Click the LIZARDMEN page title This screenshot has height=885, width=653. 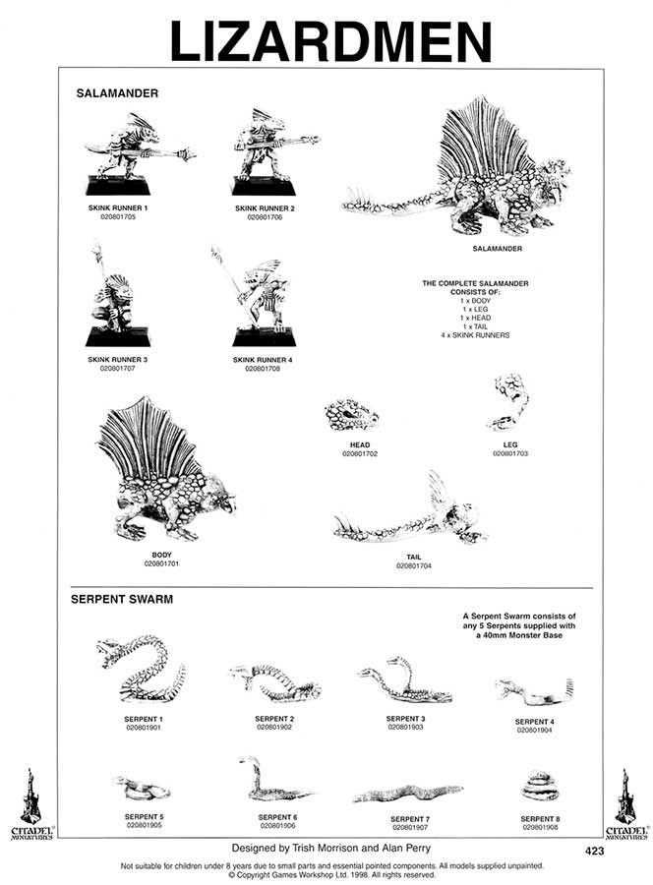pos(329,41)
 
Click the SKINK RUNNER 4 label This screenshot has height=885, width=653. pos(263,360)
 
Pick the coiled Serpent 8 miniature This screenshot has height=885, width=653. pos(539,787)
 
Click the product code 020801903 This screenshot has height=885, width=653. pos(405,728)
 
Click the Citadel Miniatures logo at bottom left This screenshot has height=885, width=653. pos(31,801)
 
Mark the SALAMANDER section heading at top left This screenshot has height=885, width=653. pos(117,93)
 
